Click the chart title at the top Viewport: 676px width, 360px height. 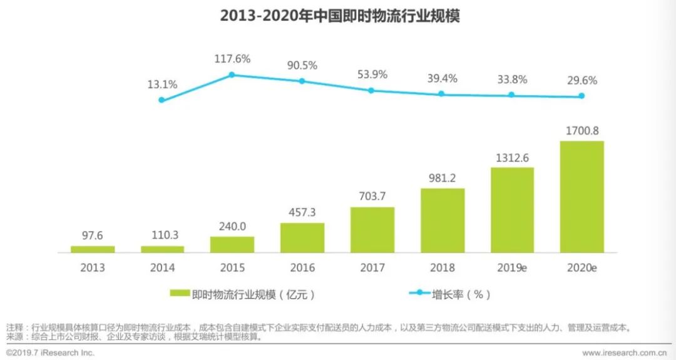(x=339, y=16)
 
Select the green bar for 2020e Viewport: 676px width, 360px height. (x=581, y=197)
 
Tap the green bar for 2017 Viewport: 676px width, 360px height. (x=372, y=230)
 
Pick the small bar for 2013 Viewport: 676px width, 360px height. (x=93, y=249)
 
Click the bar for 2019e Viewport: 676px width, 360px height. (x=512, y=210)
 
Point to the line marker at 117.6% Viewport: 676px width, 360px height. (x=232, y=75)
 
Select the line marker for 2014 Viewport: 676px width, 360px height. (x=161, y=100)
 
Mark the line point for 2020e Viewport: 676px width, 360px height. (x=581, y=96)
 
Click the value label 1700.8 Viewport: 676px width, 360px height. (x=581, y=131)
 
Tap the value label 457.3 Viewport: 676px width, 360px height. (x=302, y=213)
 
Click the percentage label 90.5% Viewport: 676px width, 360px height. (x=302, y=65)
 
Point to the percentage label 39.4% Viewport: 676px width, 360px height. (x=442, y=78)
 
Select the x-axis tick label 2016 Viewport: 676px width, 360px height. (x=302, y=268)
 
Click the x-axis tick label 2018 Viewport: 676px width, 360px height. (x=442, y=268)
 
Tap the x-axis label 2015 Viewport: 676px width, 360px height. (x=232, y=268)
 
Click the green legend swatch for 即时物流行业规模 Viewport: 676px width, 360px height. (x=180, y=294)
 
